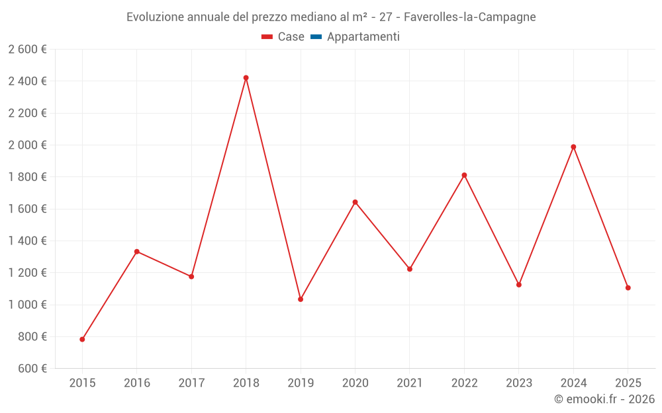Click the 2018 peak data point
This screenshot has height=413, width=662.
pos(246,78)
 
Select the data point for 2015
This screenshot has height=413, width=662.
pos(82,340)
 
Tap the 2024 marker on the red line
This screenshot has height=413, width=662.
pos(573,147)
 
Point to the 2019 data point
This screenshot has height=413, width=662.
pos(301,299)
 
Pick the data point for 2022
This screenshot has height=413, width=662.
pos(464,175)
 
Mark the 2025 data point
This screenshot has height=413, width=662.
pos(628,288)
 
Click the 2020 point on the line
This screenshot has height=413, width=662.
pos(355,202)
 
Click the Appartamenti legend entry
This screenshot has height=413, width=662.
pos(363,37)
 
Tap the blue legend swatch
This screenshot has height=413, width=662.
pos(316,37)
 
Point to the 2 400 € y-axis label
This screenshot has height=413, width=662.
pos(27,81)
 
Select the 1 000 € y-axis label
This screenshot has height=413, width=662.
pos(27,305)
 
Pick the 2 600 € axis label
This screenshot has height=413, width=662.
pos(27,50)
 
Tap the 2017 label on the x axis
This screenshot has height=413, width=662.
pos(191,383)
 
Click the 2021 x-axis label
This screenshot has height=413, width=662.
pos(410,383)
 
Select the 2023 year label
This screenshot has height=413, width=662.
pos(519,383)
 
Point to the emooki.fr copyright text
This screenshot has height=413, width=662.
pos(604,399)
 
